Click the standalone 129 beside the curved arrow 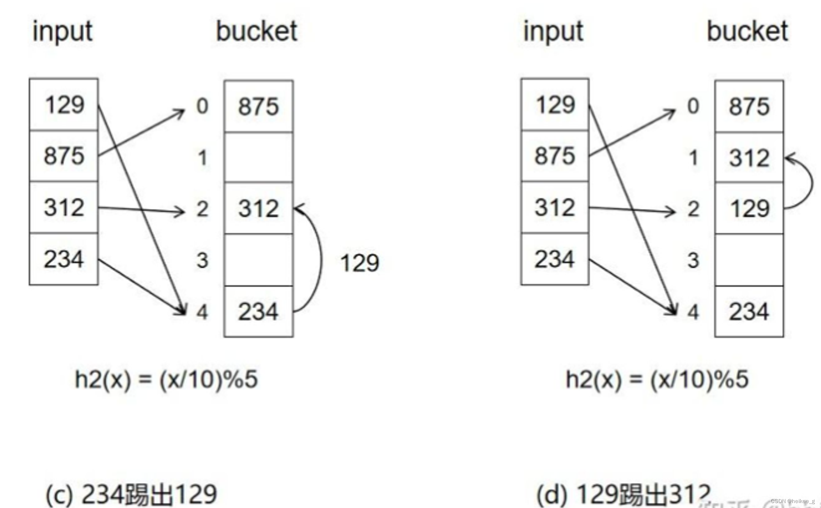click(360, 263)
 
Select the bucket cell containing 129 click(749, 208)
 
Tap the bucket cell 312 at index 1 click(749, 158)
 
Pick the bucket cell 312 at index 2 click(259, 208)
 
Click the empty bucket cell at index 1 click(259, 157)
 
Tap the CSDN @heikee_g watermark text click(793, 501)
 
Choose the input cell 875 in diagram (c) click(64, 156)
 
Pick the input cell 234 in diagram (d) click(555, 259)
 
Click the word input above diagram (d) click(553, 32)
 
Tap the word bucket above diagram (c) click(257, 31)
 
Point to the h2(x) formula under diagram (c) click(166, 379)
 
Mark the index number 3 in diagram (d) click(693, 260)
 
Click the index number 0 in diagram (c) click(202, 106)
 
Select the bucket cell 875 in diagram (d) click(749, 106)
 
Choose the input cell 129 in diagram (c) click(64, 105)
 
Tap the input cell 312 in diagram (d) click(555, 208)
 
